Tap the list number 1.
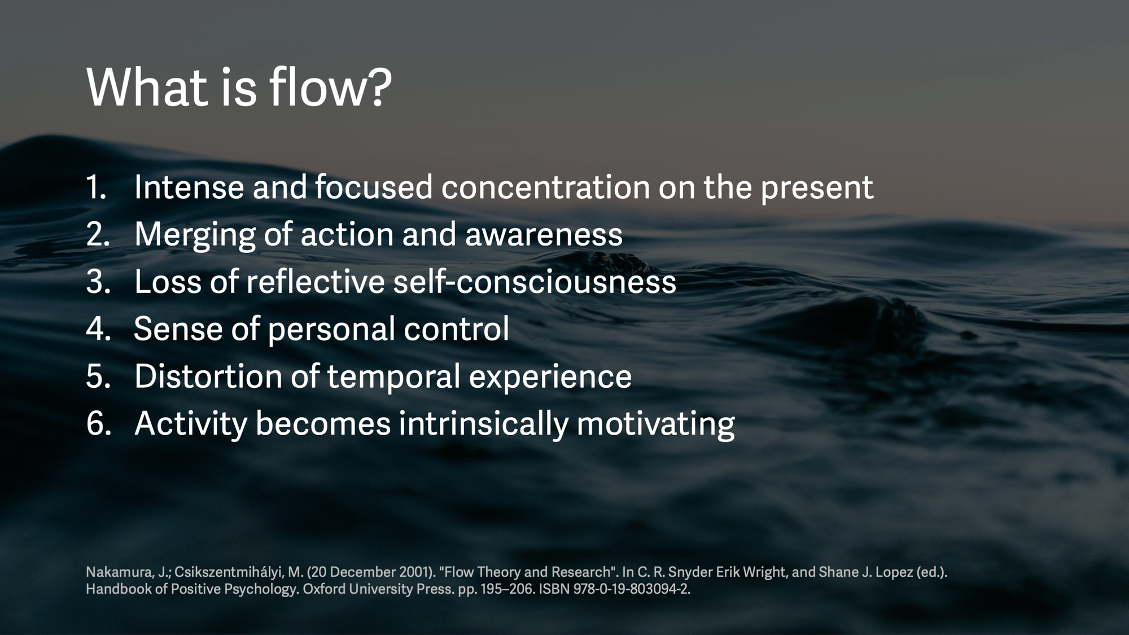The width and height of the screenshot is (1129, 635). point(96,187)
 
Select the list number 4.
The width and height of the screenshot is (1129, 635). point(98,329)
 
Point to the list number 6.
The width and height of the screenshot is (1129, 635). point(98,423)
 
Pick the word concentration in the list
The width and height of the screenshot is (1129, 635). point(545,187)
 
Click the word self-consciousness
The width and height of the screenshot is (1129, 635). point(535,281)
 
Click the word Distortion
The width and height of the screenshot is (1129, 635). point(208,376)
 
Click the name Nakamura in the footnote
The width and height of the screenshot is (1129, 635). point(119,572)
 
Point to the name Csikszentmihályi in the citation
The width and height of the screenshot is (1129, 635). point(229,572)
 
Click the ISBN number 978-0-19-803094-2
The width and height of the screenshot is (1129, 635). point(632,589)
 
